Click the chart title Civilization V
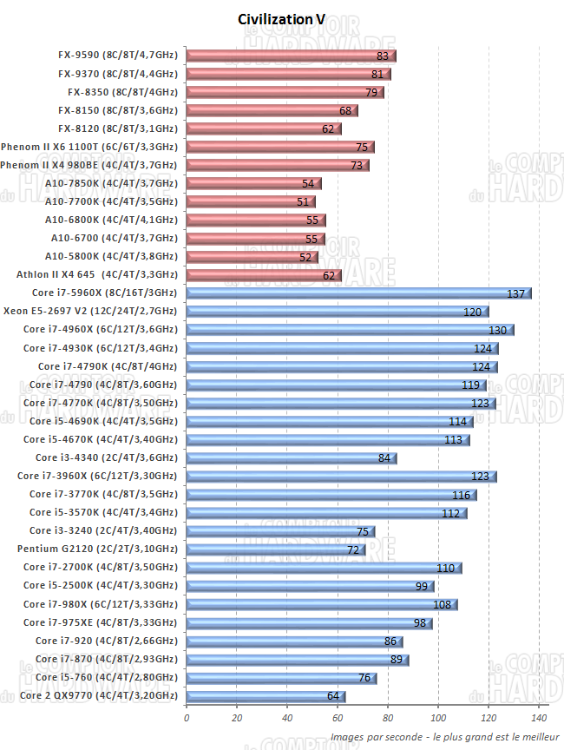(x=281, y=19)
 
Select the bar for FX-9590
(x=291, y=56)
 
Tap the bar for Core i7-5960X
(x=358, y=293)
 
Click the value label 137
(x=517, y=294)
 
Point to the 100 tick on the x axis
(x=438, y=719)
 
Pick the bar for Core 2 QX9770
(x=266, y=696)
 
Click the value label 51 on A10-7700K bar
(x=303, y=202)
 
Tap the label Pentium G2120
(x=97, y=549)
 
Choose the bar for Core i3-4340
(x=292, y=458)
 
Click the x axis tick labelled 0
(x=187, y=719)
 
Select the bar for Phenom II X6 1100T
(x=280, y=148)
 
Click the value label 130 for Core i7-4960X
(x=498, y=331)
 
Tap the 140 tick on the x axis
(x=539, y=719)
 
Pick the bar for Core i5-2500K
(x=311, y=586)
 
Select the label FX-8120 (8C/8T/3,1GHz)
(x=117, y=128)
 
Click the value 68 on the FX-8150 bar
(x=345, y=111)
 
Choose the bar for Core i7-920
(x=294, y=641)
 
